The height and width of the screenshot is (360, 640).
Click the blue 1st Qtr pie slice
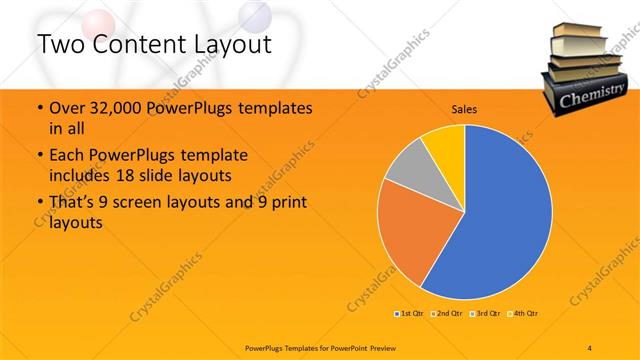[500, 220]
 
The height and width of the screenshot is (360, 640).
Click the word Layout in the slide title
[225, 44]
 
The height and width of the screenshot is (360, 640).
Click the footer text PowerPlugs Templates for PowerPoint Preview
[320, 346]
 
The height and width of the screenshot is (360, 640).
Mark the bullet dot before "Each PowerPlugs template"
[39, 157]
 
